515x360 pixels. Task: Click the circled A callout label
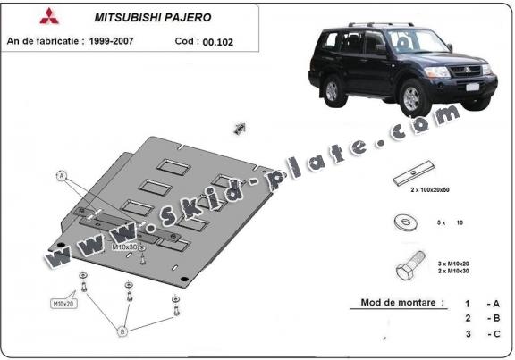62,176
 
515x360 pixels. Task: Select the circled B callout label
122,332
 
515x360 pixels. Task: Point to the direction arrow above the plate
240,130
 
